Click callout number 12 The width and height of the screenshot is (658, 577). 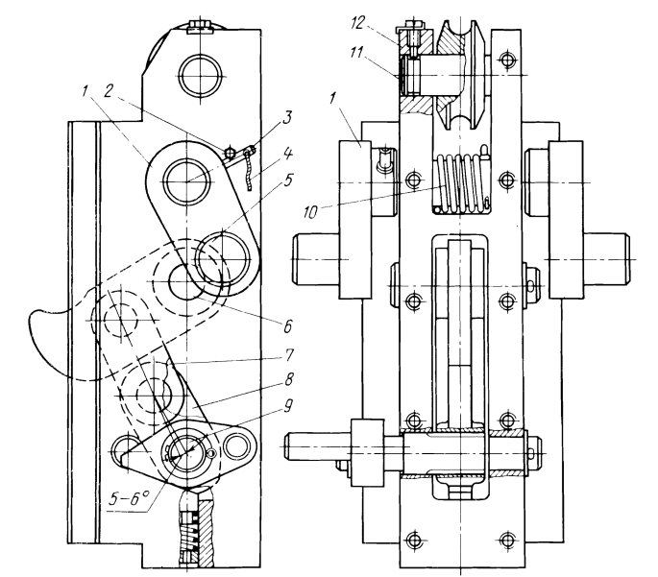click(358, 23)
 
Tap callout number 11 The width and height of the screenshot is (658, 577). click(358, 54)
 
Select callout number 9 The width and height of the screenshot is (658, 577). click(287, 407)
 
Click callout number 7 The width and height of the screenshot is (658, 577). click(288, 354)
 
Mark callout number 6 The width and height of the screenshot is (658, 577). click(287, 325)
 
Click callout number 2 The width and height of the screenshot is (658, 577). click(109, 92)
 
